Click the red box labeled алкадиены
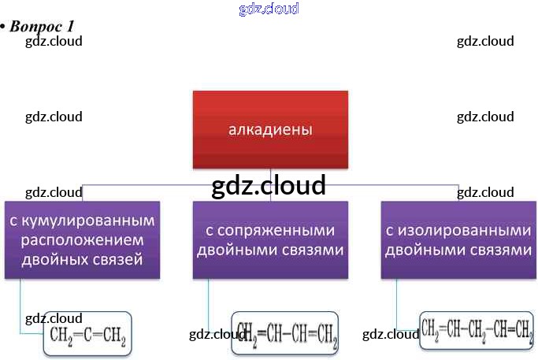270,129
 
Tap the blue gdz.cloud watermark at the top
269,9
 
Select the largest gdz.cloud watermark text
269,185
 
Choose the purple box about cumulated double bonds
82,239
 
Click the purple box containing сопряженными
270,239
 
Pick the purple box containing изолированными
458,239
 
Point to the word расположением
82,239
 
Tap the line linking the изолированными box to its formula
397,303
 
